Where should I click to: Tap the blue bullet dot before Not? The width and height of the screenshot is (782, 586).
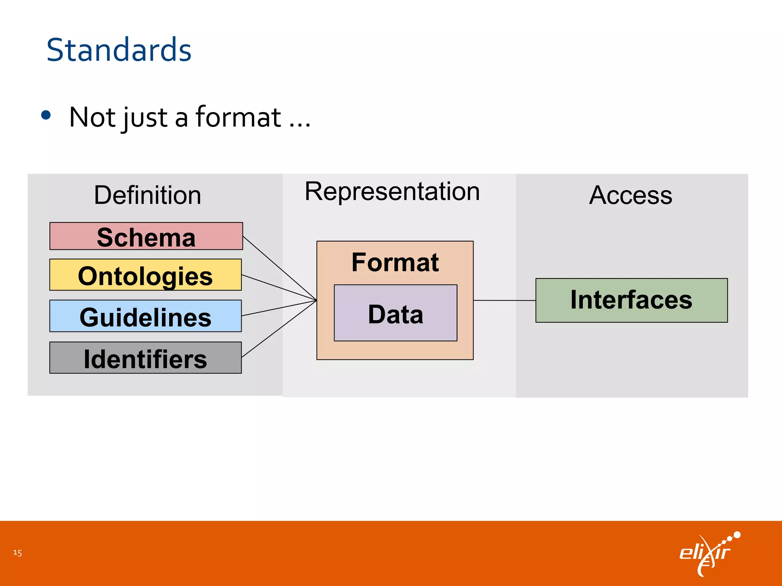click(x=46, y=115)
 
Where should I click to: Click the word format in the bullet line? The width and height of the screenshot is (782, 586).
click(x=238, y=117)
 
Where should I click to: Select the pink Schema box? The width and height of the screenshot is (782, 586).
click(x=146, y=236)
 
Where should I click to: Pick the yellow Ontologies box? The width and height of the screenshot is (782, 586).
click(x=145, y=275)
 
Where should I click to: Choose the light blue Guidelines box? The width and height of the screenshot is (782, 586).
click(x=145, y=316)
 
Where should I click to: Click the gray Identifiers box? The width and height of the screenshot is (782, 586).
click(x=145, y=358)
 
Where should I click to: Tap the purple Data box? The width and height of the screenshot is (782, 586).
click(x=396, y=313)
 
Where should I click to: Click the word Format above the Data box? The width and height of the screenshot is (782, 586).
click(x=395, y=262)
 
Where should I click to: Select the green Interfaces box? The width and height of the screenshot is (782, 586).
click(x=631, y=300)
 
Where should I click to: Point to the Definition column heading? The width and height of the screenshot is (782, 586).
click(x=147, y=195)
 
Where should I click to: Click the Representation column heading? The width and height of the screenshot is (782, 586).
click(x=392, y=191)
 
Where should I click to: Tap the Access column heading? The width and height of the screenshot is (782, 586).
click(x=630, y=195)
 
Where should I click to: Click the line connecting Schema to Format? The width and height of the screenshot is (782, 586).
click(x=280, y=268)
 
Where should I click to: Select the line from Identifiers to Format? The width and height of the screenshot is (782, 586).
click(x=280, y=329)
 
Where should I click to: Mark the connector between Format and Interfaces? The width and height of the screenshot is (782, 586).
click(x=504, y=301)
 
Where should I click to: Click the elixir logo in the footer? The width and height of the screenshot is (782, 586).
click(x=708, y=553)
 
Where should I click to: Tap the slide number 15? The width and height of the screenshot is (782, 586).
click(x=18, y=552)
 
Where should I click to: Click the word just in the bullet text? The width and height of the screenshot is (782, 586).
click(x=145, y=118)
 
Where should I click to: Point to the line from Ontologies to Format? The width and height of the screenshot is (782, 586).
click(x=280, y=288)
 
